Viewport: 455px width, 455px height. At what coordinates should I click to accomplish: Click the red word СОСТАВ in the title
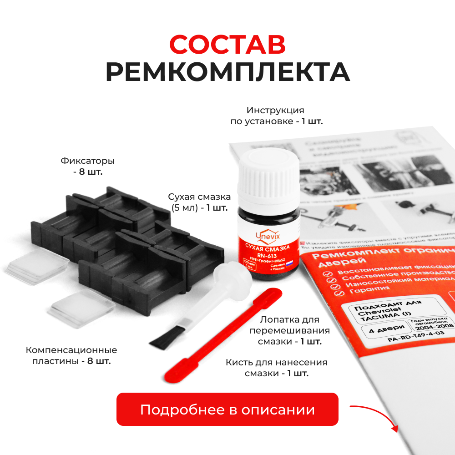point(227,45)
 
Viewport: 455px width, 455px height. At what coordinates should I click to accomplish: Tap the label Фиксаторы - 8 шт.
point(87,167)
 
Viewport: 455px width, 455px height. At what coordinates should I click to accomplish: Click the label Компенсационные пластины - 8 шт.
point(71,355)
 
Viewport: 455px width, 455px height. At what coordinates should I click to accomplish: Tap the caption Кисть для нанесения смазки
point(277,368)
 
